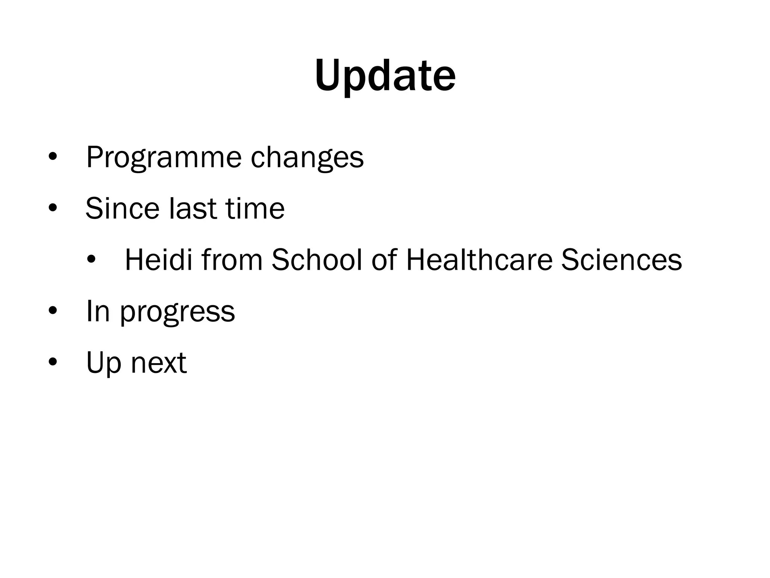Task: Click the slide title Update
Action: (385, 76)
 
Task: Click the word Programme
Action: (164, 158)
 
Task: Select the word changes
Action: (307, 158)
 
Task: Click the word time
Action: (255, 208)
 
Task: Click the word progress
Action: (177, 312)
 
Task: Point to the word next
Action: (158, 363)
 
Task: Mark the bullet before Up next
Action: (53, 362)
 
